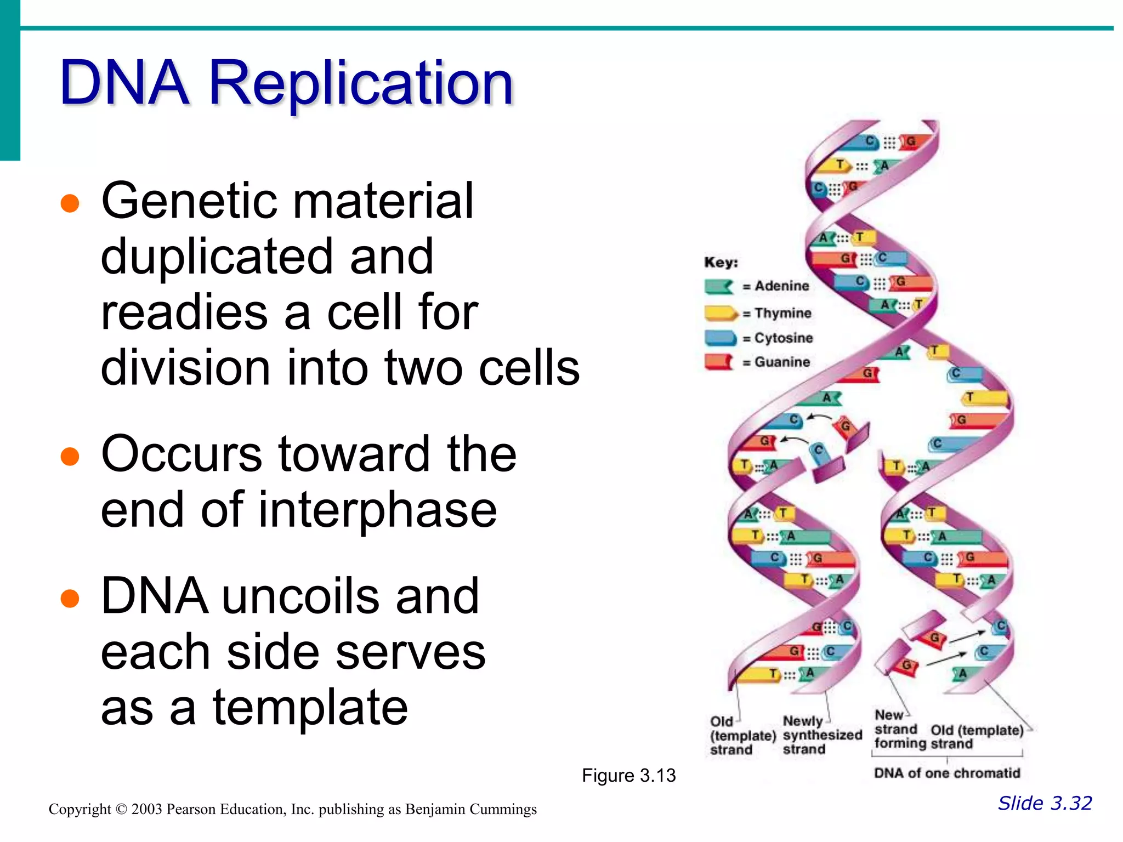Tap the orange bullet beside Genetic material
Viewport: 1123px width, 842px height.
coord(70,203)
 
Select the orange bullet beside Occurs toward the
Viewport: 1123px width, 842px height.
coord(70,456)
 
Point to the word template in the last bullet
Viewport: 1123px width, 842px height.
coord(310,708)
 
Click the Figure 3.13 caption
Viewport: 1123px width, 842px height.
coord(628,775)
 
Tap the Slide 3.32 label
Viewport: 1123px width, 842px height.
coord(1045,803)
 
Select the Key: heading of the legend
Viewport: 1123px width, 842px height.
coord(721,263)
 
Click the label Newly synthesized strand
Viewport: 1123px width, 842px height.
coord(821,735)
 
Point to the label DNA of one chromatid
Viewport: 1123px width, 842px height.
coord(946,773)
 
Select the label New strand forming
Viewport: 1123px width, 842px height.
coord(896,730)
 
